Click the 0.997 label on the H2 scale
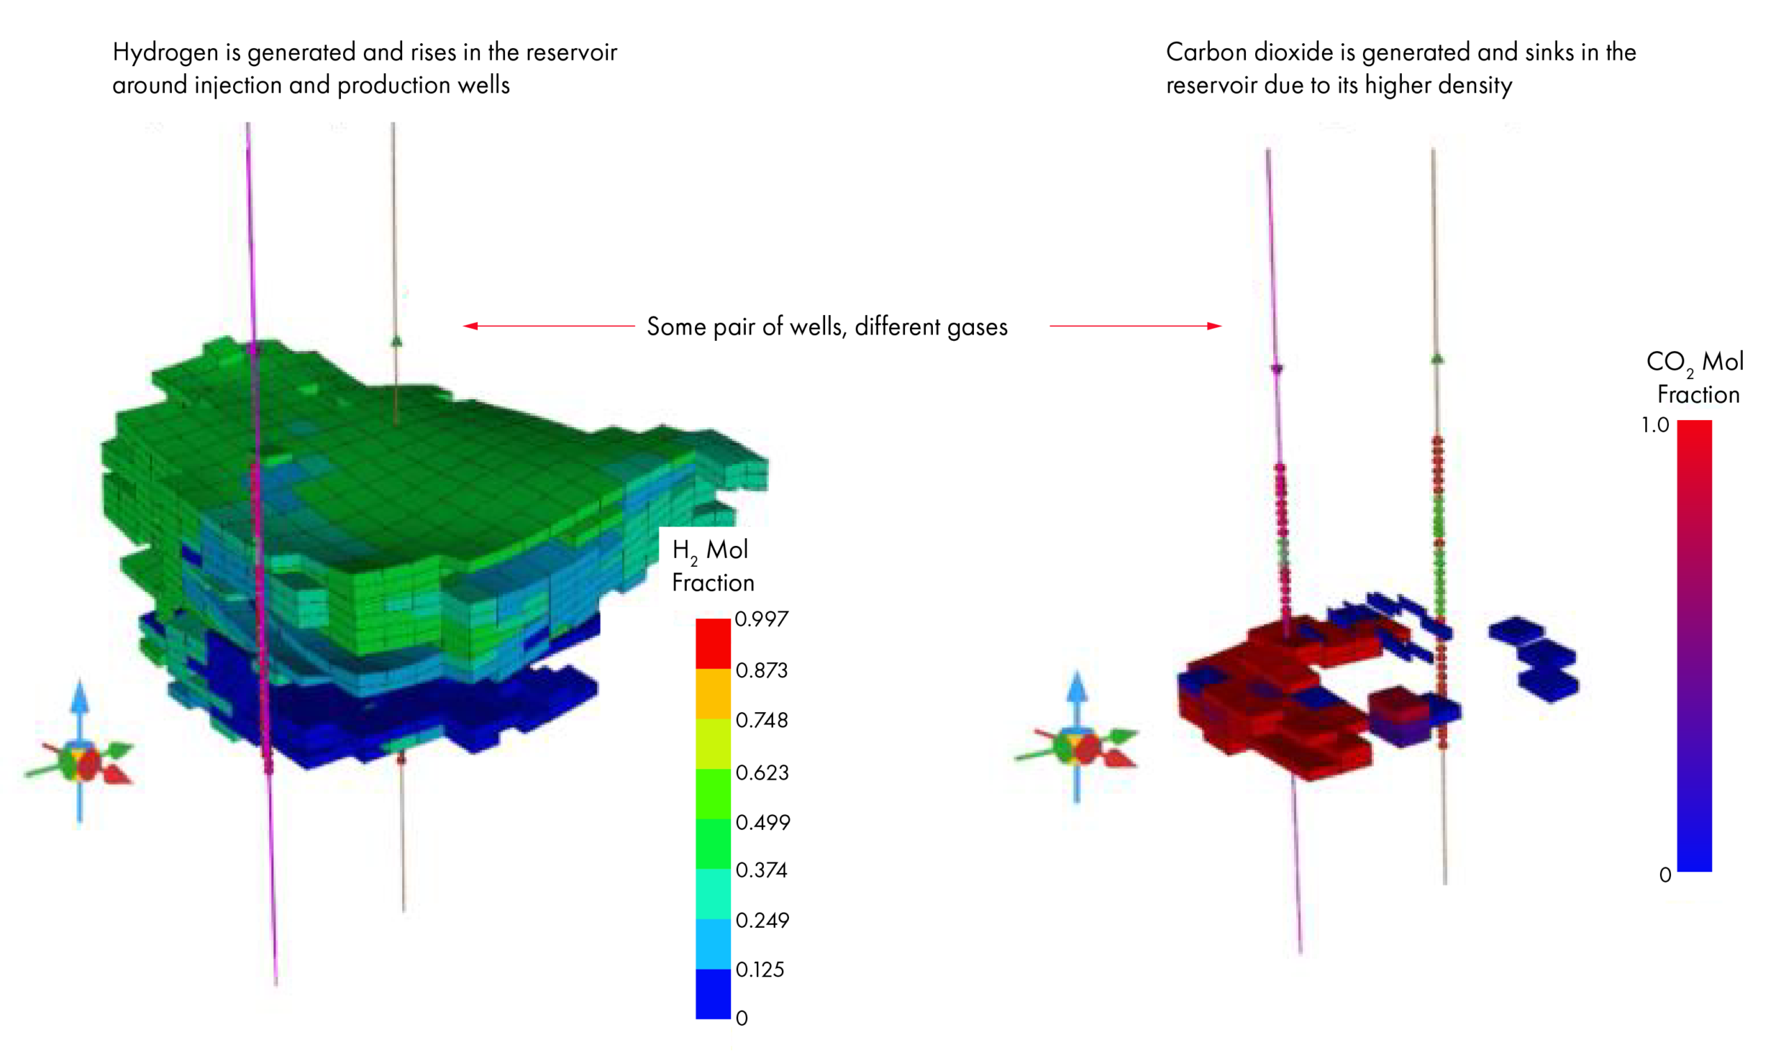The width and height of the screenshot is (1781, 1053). click(x=761, y=620)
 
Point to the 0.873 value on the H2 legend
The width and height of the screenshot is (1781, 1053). click(x=761, y=670)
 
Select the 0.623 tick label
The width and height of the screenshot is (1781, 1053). click(x=762, y=772)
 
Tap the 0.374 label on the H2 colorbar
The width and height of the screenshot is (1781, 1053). click(x=761, y=870)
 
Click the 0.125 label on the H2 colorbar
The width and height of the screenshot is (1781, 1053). click(x=760, y=970)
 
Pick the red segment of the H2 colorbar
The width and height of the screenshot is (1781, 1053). click(x=713, y=643)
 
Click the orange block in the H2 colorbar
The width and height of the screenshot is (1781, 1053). click(x=713, y=694)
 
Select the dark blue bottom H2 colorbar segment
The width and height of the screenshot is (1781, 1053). click(x=713, y=994)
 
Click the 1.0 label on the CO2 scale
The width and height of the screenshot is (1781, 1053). click(x=1654, y=425)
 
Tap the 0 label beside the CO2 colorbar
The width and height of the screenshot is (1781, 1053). click(x=1666, y=876)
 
